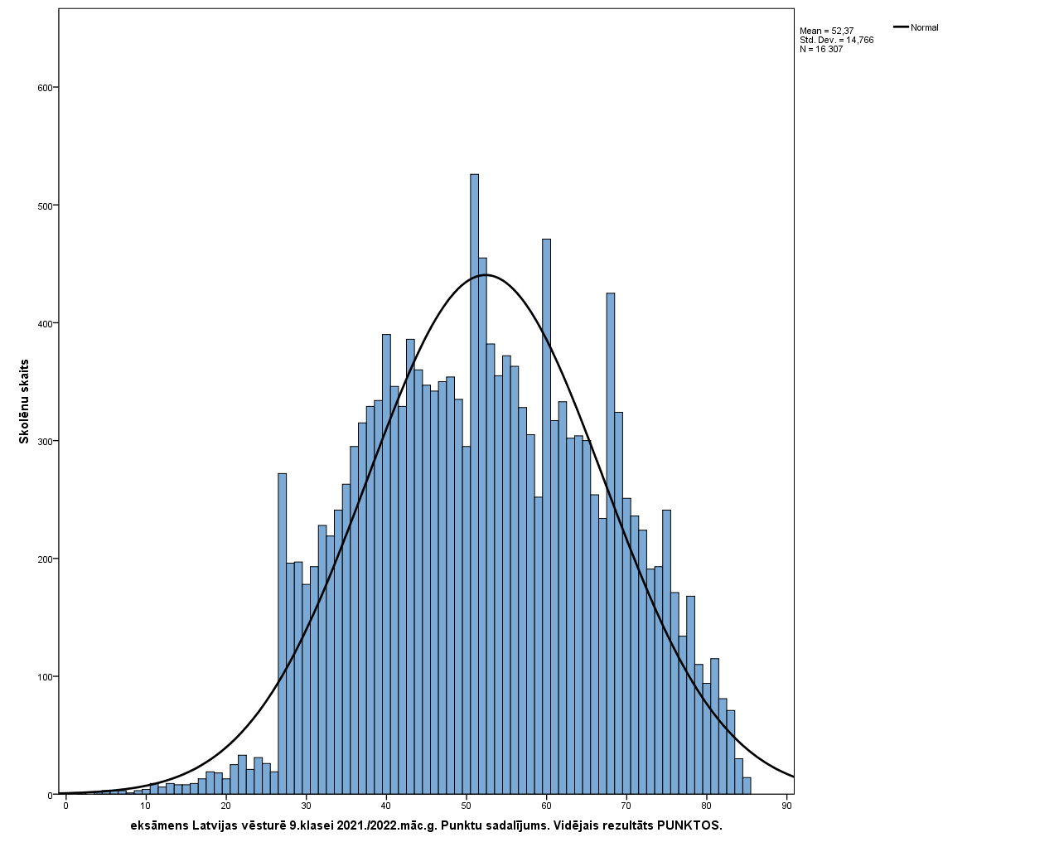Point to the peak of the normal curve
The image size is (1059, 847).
[485, 274]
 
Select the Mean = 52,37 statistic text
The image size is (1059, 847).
[826, 31]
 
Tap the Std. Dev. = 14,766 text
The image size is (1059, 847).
[836, 40]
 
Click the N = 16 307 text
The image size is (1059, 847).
[821, 49]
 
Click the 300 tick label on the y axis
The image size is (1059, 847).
[46, 441]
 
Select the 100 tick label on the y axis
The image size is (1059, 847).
[46, 677]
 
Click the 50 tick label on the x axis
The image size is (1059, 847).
[466, 806]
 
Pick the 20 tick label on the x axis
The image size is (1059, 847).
[225, 806]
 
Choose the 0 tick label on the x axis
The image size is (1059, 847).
[65, 806]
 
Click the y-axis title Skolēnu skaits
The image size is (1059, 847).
[24, 401]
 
